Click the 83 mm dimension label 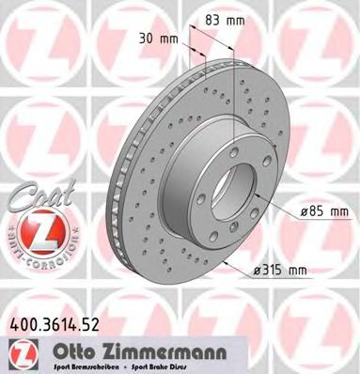pyautogui.click(x=218, y=20)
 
